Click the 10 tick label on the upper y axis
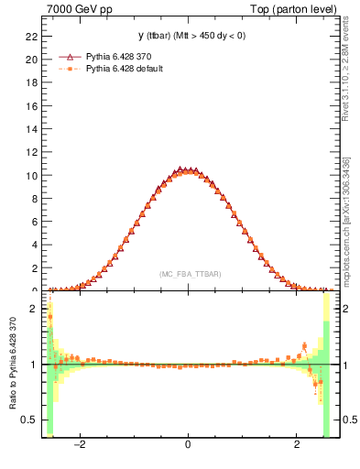point(31,175)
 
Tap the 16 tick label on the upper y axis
point(31,105)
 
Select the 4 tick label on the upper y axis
point(34,245)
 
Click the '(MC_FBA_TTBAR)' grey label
point(188,274)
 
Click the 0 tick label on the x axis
point(188,444)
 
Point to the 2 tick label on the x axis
point(297,444)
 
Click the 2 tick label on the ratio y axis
point(34,309)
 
